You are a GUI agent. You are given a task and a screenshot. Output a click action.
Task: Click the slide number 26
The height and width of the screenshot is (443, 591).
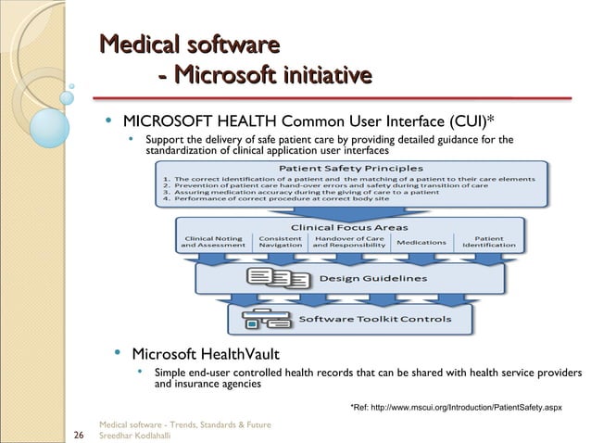pos(78,433)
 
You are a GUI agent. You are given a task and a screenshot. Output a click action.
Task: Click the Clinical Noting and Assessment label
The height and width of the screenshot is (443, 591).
pos(214,242)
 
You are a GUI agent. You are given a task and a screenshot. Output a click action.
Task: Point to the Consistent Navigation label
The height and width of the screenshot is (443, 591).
pos(279,242)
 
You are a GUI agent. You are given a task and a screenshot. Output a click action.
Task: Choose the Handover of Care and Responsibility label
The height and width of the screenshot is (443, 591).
pos(349,242)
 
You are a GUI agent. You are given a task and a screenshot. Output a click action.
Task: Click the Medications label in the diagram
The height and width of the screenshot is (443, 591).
pos(421,243)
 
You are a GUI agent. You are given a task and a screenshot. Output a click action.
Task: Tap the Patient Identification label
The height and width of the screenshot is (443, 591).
pos(488,242)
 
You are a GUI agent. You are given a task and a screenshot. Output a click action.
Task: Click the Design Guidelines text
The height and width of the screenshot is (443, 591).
pos(373,278)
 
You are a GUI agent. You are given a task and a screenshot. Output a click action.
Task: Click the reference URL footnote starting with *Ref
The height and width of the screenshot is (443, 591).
pos(455,407)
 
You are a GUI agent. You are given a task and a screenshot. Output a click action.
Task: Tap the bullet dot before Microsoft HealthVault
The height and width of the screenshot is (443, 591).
pos(119,353)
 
